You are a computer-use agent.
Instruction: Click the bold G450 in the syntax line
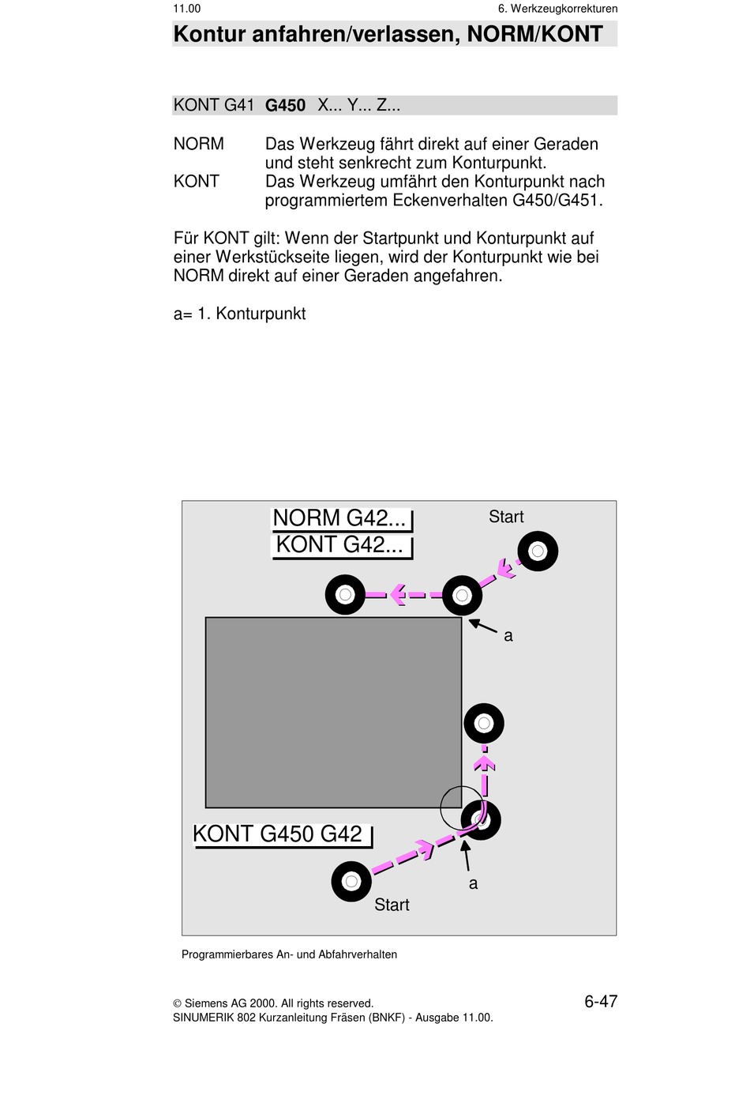pyautogui.click(x=285, y=106)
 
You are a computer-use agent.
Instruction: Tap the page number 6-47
pyautogui.click(x=601, y=1002)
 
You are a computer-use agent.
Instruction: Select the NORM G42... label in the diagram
pyautogui.click(x=339, y=518)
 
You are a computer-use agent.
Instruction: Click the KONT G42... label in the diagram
pyautogui.click(x=339, y=545)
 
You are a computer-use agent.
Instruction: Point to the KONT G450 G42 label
pyautogui.click(x=278, y=834)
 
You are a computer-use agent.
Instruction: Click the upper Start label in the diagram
pyautogui.click(x=506, y=517)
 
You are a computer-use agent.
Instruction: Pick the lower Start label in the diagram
pyautogui.click(x=392, y=905)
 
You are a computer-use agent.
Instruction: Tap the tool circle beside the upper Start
pyautogui.click(x=538, y=551)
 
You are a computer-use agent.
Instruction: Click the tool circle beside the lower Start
pyautogui.click(x=351, y=881)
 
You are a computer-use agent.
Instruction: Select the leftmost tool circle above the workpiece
pyautogui.click(x=345, y=595)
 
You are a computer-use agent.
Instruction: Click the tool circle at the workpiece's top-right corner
pyautogui.click(x=462, y=596)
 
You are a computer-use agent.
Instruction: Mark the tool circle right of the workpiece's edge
pyautogui.click(x=484, y=723)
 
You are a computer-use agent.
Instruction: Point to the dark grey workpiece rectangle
pyautogui.click(x=333, y=712)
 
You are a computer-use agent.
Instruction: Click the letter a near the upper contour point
pyautogui.click(x=508, y=636)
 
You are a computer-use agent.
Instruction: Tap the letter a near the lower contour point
pyautogui.click(x=473, y=883)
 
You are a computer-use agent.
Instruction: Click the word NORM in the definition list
pyautogui.click(x=199, y=144)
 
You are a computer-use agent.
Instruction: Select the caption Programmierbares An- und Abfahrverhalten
pyautogui.click(x=289, y=954)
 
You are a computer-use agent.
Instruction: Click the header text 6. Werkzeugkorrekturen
pyautogui.click(x=557, y=9)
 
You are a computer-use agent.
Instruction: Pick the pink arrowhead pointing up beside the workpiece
pyautogui.click(x=484, y=763)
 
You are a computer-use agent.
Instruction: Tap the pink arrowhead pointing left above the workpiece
pyautogui.click(x=397, y=595)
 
